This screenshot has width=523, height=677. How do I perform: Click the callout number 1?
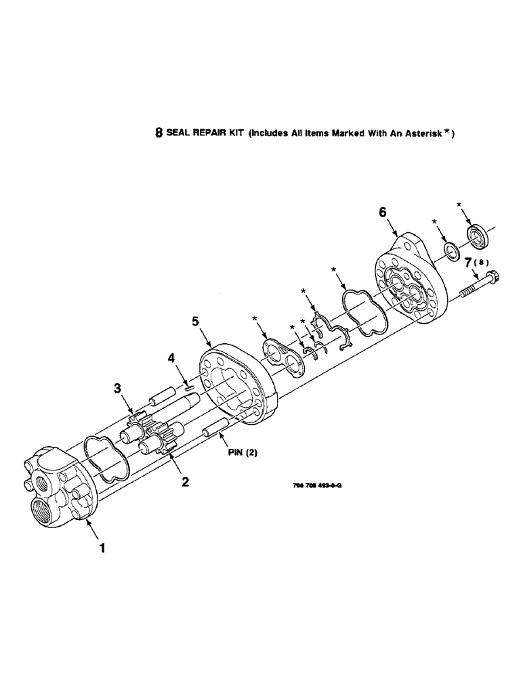[x=102, y=549]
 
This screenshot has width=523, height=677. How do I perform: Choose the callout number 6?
[x=383, y=213]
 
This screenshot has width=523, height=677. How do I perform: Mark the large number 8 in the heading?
[x=160, y=133]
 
